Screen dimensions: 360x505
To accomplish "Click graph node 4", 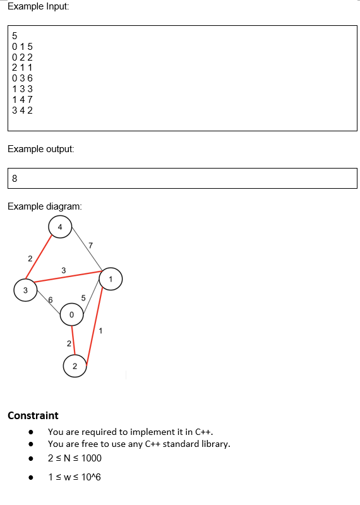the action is (x=60, y=227).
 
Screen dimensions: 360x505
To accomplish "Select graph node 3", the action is (x=25, y=290).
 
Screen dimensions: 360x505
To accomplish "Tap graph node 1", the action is (x=111, y=278).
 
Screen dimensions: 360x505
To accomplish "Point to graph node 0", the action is (x=71, y=314).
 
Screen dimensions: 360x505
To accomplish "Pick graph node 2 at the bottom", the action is (x=75, y=366).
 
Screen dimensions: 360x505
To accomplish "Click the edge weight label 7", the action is (x=91, y=245).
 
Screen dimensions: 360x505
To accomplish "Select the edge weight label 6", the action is (x=51, y=300).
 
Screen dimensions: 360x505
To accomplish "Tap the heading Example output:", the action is (x=40, y=149).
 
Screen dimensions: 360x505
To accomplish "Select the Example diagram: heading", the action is (x=44, y=206).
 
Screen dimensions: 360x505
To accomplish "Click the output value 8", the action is (x=15, y=178).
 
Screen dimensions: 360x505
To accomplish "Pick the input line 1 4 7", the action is (x=22, y=100).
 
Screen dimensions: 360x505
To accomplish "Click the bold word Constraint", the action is (x=33, y=415).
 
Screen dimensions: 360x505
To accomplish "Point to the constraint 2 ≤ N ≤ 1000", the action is (x=75, y=458).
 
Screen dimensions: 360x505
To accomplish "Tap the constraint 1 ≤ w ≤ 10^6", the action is (x=75, y=477).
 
